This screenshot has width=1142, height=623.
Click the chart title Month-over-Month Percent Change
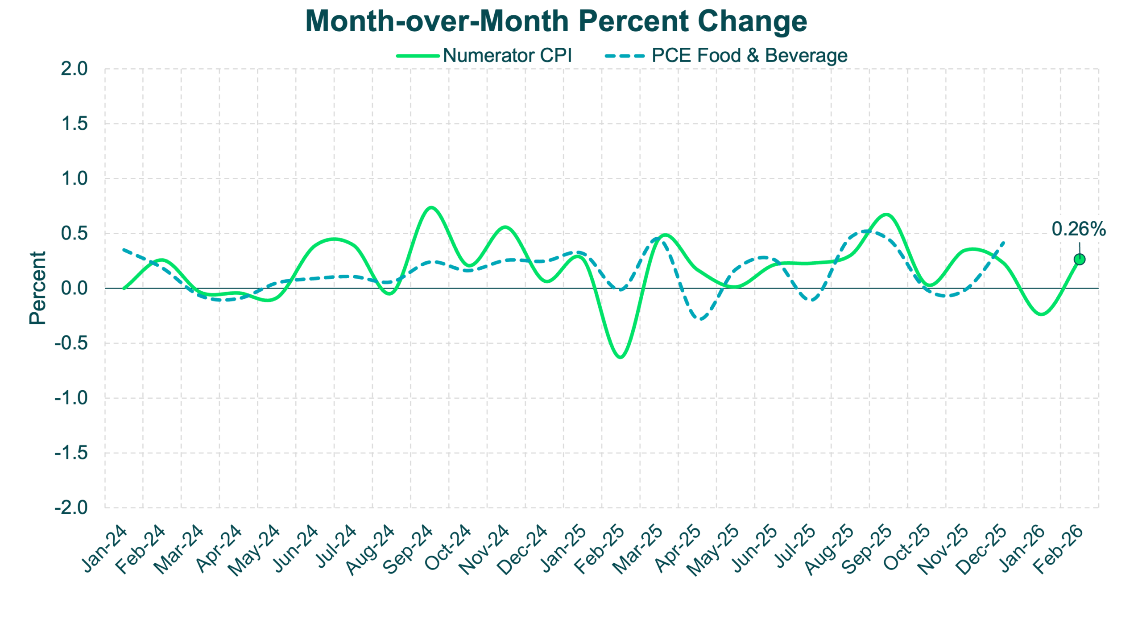556,21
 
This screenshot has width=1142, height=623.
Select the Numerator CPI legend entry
507,56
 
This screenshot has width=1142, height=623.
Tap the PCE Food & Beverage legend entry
749,56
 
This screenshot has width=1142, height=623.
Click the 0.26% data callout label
1079,229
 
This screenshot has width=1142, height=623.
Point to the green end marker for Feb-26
1080,259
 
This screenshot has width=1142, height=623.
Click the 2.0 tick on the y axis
74,69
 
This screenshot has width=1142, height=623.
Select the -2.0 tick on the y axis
71,507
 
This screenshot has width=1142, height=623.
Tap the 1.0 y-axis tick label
74,179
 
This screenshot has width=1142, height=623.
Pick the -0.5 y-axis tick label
71,344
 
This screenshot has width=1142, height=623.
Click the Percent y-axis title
37,290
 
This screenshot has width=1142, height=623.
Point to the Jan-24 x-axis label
105,549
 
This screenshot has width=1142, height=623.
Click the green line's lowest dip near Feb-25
620,357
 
